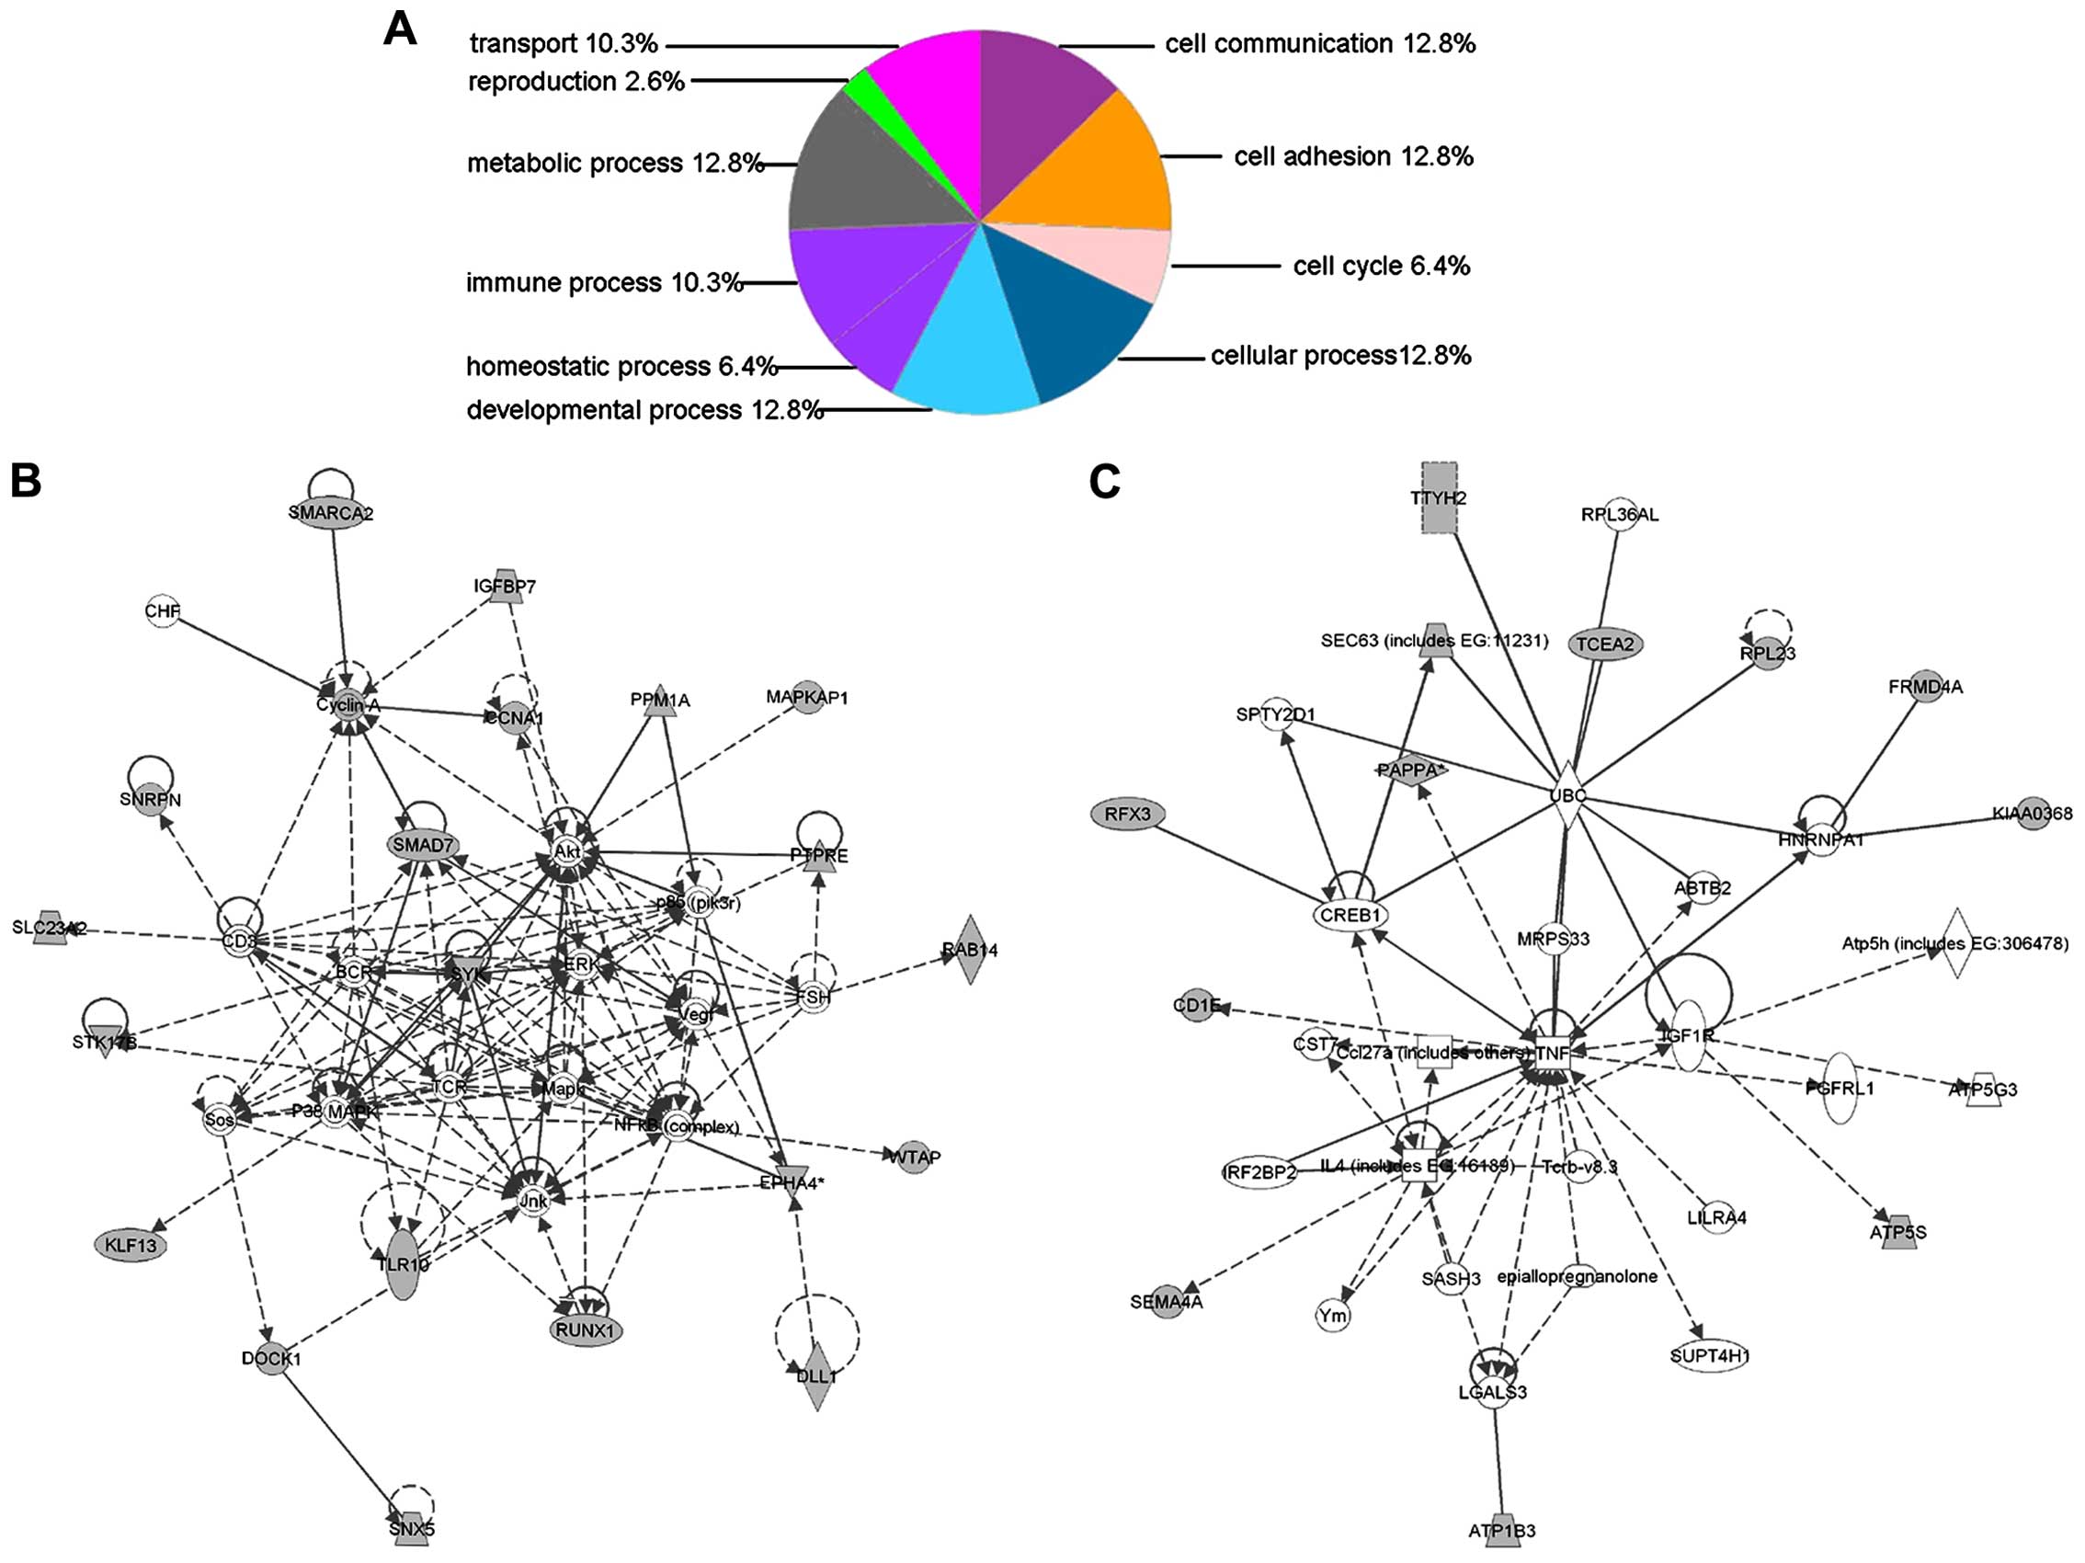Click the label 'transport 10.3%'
point(563,43)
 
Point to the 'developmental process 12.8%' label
point(644,410)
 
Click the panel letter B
point(26,481)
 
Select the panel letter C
point(1104,482)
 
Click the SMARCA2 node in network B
point(331,513)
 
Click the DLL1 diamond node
point(816,1375)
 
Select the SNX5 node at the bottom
point(411,1529)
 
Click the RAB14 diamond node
point(969,950)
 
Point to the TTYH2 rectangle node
point(1439,496)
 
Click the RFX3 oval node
point(1127,814)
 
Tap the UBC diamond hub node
point(1567,795)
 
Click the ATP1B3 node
point(1501,1530)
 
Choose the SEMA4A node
point(1167,1302)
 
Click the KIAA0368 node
point(2032,813)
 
